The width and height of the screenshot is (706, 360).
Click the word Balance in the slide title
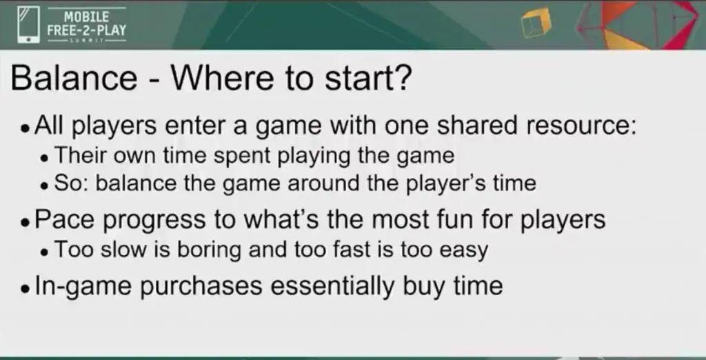74,77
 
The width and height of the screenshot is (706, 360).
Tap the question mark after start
402,77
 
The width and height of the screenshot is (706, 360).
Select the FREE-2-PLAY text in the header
86,30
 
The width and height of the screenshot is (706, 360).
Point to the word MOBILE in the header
86,17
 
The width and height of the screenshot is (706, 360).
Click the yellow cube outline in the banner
536,22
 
